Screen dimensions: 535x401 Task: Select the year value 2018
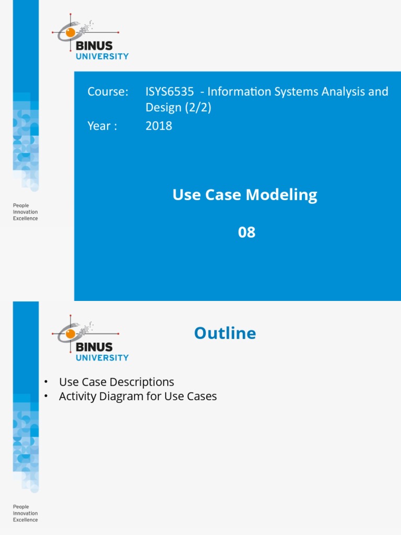coord(159,126)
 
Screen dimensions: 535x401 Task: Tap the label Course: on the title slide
coord(108,92)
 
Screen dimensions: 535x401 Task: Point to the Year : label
coord(102,126)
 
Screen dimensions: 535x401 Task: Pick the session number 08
coord(246,232)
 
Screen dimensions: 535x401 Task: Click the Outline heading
coord(225,333)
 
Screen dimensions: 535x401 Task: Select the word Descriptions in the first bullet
coord(143,382)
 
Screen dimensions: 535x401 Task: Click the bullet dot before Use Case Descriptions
coord(46,382)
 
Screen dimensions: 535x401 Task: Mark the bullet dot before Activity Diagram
coord(46,396)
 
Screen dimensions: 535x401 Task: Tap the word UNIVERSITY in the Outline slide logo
coord(102,358)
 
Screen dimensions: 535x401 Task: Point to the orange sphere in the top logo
coord(70,32)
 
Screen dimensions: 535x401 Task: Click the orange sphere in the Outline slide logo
coord(70,334)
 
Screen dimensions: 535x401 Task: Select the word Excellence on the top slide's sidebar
coord(26,218)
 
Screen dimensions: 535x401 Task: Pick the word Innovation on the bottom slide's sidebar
coord(26,513)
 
